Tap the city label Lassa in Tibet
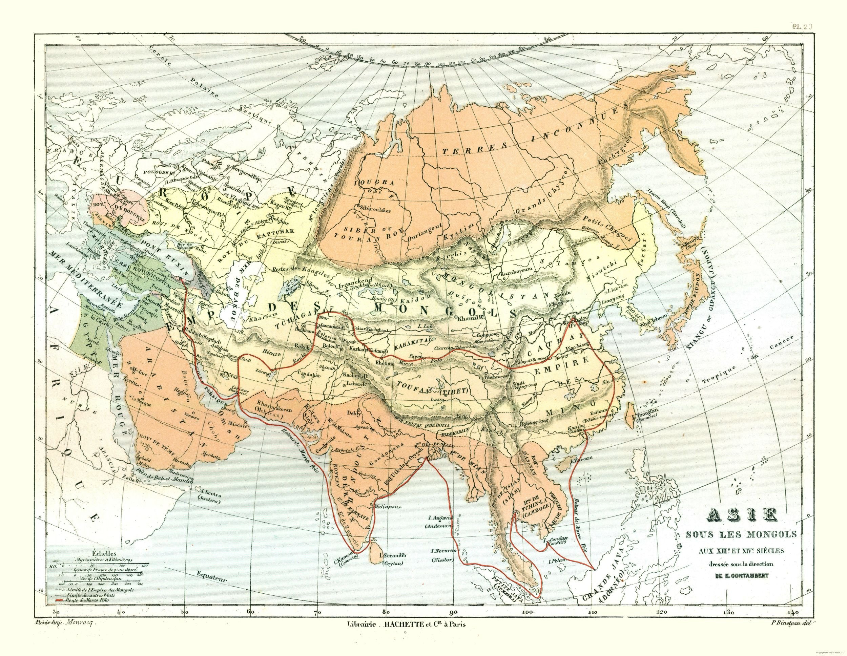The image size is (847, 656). click(x=440, y=400)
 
